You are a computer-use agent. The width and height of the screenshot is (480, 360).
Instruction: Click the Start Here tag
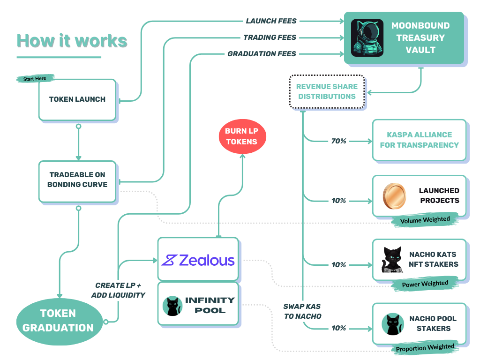(x=35, y=78)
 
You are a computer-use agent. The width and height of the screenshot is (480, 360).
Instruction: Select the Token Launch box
(x=77, y=99)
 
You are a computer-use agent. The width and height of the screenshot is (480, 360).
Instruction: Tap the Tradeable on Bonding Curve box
(x=77, y=180)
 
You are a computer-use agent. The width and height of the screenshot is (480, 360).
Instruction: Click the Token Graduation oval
(x=58, y=320)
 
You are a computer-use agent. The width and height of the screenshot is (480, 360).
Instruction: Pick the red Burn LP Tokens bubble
(x=242, y=136)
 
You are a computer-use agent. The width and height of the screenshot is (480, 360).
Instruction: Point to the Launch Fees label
(x=271, y=21)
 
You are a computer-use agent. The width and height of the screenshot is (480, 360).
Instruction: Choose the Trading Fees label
(x=270, y=37)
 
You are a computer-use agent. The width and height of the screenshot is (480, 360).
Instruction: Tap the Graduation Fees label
(x=262, y=54)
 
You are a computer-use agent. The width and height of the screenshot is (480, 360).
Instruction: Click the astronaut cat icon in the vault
(x=367, y=38)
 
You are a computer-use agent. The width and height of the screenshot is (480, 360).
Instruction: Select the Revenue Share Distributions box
(x=327, y=91)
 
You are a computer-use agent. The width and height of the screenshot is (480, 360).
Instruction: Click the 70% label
(x=338, y=141)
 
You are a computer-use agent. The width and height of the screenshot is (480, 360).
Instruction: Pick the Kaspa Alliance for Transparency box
(x=419, y=140)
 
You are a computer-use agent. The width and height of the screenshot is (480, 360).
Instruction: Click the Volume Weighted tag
(x=425, y=220)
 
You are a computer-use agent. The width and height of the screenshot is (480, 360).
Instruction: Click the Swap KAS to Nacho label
(x=302, y=311)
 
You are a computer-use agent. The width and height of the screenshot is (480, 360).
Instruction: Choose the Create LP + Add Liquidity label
(x=119, y=290)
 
